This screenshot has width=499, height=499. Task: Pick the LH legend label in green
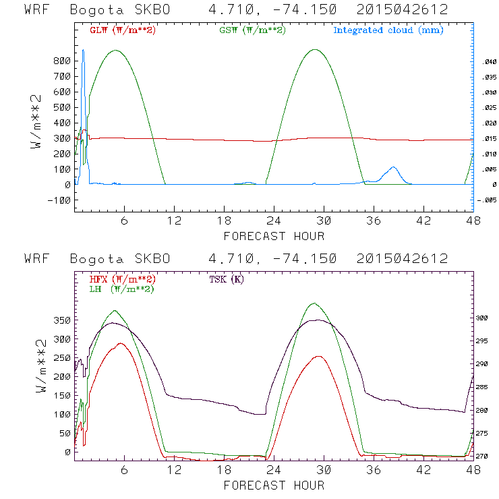click(121, 289)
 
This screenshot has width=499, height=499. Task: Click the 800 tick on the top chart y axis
click(62, 61)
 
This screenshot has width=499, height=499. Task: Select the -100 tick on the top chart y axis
click(59, 200)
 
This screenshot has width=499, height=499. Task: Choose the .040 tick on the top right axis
click(487, 61)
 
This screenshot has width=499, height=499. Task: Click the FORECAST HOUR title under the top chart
click(274, 236)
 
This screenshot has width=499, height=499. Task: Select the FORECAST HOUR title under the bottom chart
click(274, 486)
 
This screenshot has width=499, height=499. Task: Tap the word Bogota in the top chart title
click(92, 10)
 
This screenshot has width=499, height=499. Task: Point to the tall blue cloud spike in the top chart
click(83, 54)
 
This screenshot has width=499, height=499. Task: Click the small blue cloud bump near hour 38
click(392, 169)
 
